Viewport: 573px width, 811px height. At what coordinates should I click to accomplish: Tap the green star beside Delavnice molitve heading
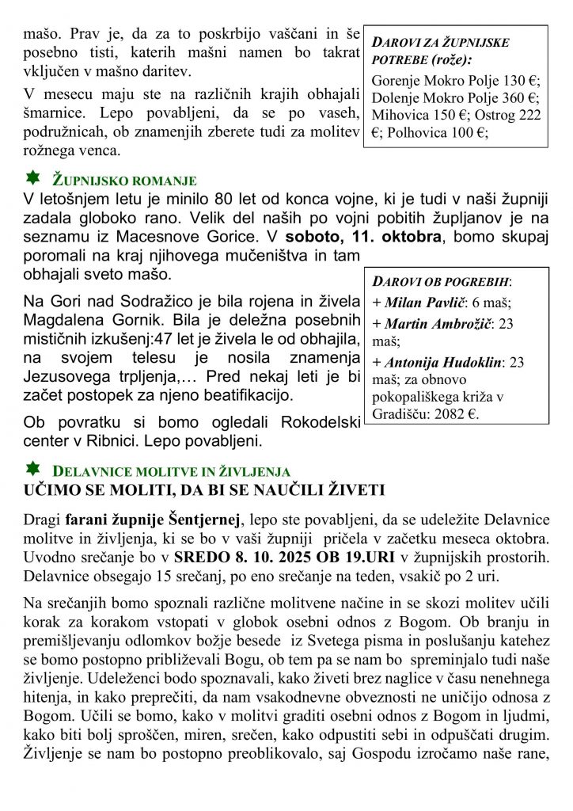32,469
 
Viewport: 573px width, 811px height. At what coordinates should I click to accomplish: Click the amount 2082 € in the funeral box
461,413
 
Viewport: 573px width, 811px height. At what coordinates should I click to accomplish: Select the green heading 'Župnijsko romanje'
124,180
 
